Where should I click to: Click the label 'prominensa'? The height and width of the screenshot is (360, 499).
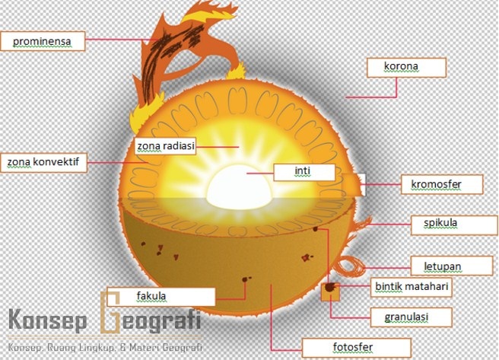tap(42, 40)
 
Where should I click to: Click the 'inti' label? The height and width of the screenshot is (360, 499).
tap(304, 172)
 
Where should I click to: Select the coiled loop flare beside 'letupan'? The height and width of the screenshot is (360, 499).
tap(351, 268)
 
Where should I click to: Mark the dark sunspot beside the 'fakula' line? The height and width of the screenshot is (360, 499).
tap(243, 279)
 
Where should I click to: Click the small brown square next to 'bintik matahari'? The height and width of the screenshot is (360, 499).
tap(332, 288)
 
